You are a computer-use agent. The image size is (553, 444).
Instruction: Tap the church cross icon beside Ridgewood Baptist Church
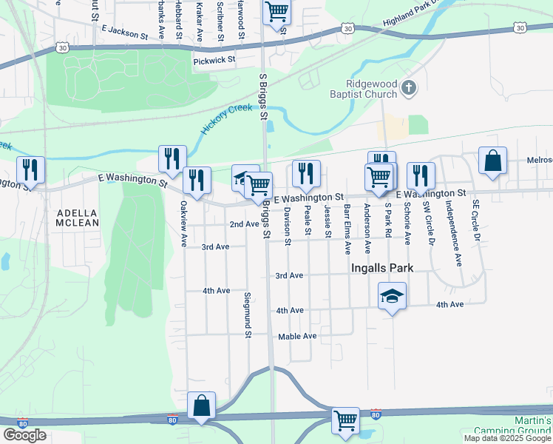point(409,90)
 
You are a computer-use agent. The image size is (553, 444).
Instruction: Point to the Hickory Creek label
point(225,119)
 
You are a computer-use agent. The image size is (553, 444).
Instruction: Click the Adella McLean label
point(78,218)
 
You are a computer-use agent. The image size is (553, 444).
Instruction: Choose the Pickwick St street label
point(214,59)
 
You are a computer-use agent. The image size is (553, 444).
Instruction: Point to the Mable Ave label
point(297,337)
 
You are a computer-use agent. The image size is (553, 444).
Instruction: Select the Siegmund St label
point(248,314)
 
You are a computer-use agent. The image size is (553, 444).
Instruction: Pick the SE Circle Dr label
point(478,221)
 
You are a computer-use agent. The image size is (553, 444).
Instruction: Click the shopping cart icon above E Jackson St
point(276,11)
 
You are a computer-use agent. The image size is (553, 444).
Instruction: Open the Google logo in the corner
point(24,435)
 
